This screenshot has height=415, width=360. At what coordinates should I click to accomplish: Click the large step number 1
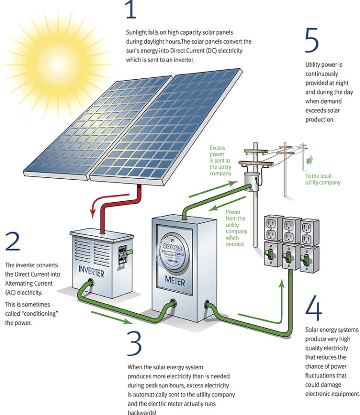[x=131, y=9]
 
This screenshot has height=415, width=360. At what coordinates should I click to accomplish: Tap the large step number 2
[x=13, y=241]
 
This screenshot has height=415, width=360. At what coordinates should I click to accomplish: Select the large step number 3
[x=135, y=344]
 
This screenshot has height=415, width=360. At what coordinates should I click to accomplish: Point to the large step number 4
[x=314, y=308]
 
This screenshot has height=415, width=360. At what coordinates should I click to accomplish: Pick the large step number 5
[x=312, y=40]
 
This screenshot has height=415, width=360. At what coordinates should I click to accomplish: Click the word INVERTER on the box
[x=91, y=272]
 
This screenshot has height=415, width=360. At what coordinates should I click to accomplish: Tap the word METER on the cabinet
[x=175, y=281]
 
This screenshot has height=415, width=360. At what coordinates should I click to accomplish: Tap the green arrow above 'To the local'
[x=310, y=160]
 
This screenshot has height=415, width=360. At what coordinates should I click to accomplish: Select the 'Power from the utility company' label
[x=236, y=228]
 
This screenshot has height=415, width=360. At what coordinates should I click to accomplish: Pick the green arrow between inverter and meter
[x=112, y=317]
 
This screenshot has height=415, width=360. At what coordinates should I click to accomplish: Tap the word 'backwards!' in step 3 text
[x=142, y=412]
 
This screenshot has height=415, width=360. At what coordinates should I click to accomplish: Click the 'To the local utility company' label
[x=322, y=179]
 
